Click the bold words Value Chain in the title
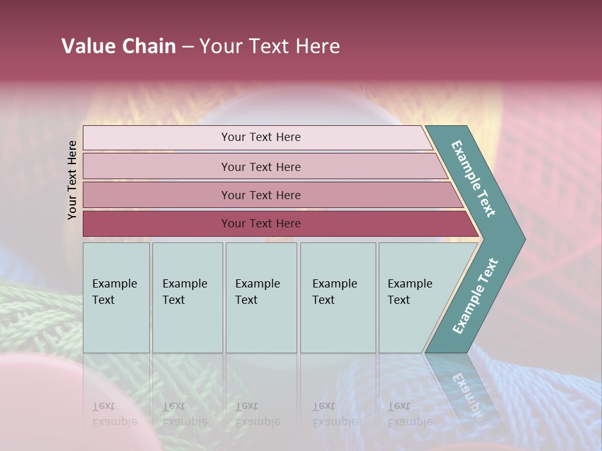click(x=119, y=46)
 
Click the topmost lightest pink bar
click(x=157, y=138)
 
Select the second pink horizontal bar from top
click(x=157, y=167)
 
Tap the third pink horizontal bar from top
click(x=157, y=195)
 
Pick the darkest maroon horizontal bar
click(x=157, y=224)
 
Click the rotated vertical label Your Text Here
click(x=72, y=180)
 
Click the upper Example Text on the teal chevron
click(x=473, y=179)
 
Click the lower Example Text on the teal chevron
click(x=475, y=296)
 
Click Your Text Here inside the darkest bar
click(x=261, y=224)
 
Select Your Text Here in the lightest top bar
click(x=261, y=137)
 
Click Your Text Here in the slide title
click(x=270, y=46)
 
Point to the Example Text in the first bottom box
click(x=114, y=292)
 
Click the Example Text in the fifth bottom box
click(x=409, y=292)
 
